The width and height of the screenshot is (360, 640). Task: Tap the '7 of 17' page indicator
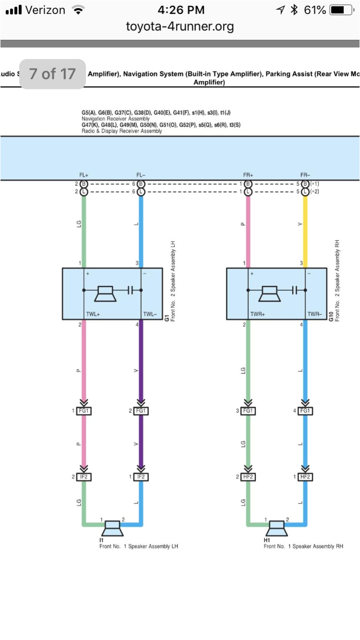point(52,74)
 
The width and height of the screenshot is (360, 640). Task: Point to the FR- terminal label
point(305,175)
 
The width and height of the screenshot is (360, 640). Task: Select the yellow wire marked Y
point(305,226)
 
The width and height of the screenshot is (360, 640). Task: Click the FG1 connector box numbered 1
point(84,411)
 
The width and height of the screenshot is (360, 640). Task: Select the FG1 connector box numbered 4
point(305,411)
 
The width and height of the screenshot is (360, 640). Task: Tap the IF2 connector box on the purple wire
point(140,477)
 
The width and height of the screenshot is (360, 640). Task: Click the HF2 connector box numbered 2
point(248,477)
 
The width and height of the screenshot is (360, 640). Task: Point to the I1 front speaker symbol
point(113,528)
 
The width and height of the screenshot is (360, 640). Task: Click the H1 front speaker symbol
point(277,528)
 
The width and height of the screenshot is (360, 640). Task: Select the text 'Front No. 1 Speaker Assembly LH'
point(138,546)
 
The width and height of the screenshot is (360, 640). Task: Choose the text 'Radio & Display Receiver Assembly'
point(122,131)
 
